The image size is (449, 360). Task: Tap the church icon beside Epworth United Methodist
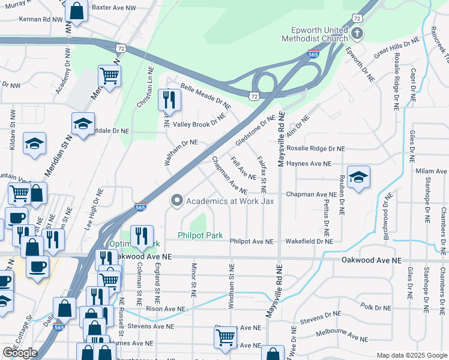pyautogui.click(x=357, y=32)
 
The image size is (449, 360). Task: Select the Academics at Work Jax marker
pyautogui.click(x=176, y=201)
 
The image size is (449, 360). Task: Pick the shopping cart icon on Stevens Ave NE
pyautogui.click(x=225, y=337)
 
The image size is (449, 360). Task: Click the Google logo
pyautogui.click(x=20, y=353)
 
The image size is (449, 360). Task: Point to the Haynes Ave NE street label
pyautogui.click(x=309, y=163)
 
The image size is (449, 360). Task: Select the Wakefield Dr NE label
pyautogui.click(x=309, y=241)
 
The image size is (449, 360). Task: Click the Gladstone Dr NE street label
pyautogui.click(x=255, y=130)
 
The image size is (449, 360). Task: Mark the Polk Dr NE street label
pyautogui.click(x=376, y=307)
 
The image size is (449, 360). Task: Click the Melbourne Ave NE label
pyautogui.click(x=346, y=338)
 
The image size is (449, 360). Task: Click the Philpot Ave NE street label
pyautogui.click(x=252, y=241)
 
